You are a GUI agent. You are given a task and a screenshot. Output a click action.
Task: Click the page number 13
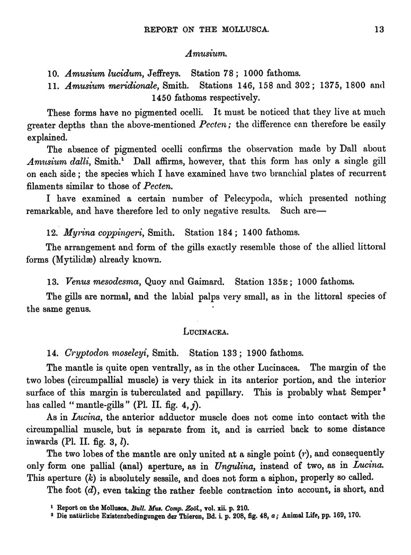[378, 30]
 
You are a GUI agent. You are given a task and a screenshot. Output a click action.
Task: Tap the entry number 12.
[52, 232]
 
